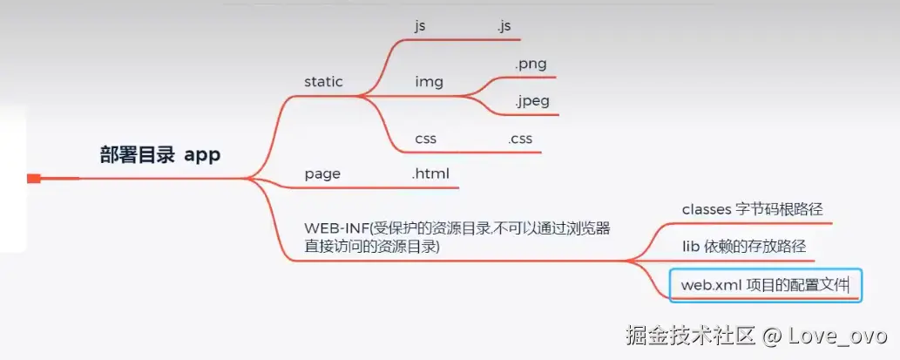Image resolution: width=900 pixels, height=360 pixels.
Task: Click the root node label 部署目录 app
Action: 159,155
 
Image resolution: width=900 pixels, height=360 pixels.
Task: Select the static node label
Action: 323,82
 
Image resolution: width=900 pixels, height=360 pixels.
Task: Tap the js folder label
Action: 420,26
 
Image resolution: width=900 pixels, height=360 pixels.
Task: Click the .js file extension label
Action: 504,26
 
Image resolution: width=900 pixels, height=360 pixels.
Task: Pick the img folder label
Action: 429,82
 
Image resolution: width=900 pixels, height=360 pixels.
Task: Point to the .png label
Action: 531,64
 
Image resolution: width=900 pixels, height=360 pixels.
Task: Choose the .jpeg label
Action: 531,101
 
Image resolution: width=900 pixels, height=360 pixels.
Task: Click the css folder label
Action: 425,139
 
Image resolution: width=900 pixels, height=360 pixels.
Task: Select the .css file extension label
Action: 520,139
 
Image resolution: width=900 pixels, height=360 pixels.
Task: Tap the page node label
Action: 322,174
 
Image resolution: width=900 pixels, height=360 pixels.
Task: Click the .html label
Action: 430,174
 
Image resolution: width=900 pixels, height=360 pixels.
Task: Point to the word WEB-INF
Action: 336,228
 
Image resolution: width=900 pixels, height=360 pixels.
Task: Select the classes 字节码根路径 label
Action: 752,209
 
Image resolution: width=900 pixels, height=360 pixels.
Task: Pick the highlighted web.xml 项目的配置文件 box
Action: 765,285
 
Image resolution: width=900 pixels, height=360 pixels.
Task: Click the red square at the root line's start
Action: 34,179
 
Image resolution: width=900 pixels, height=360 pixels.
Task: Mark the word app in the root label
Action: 202,155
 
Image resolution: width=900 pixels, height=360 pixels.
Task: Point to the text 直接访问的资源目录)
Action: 372,247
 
